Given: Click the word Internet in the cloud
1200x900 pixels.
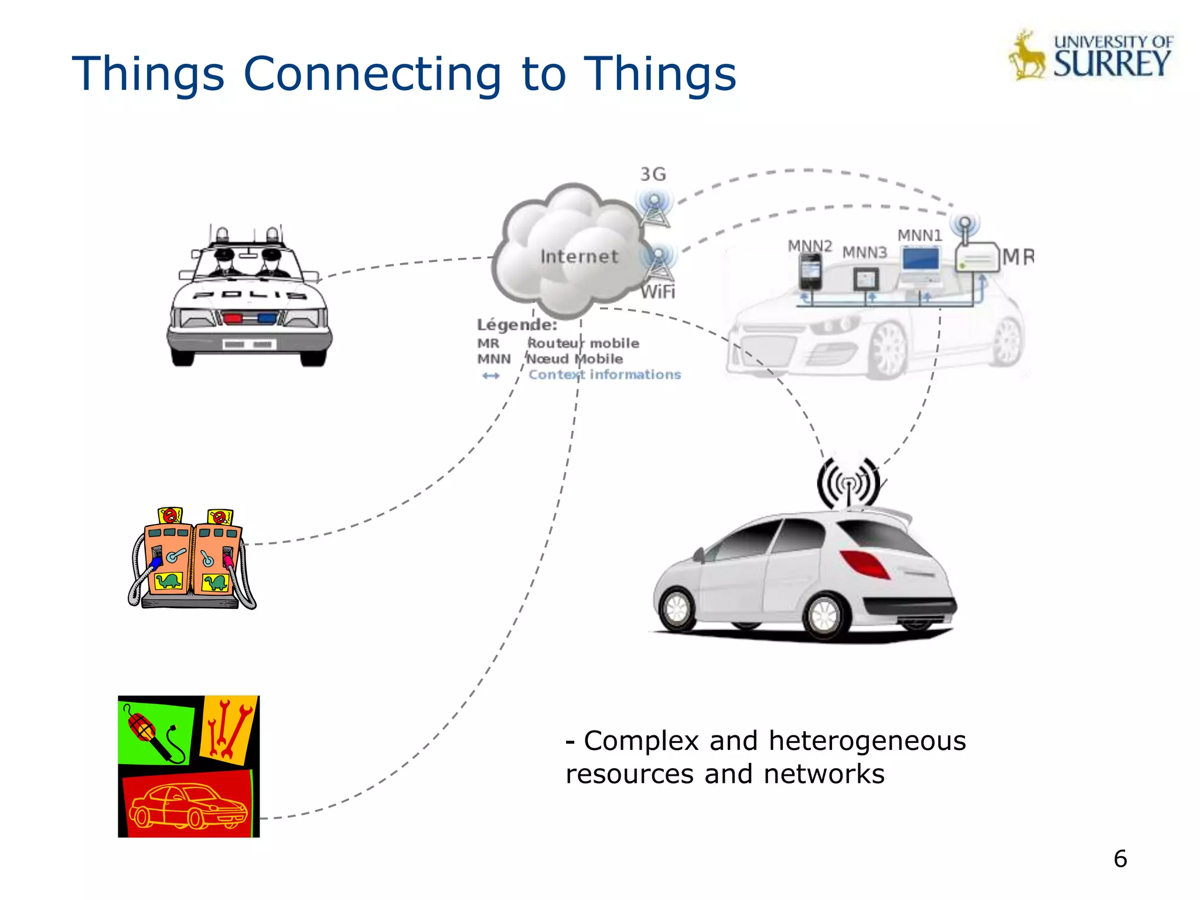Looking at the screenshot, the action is (579, 257).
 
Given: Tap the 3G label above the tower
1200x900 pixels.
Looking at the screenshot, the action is (653, 174).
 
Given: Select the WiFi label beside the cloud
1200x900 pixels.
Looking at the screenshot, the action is (658, 291).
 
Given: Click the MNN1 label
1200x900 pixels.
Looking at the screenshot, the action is (919, 236).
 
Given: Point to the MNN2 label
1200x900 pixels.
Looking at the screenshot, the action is (809, 246).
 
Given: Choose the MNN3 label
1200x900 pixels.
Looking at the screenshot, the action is (864, 253).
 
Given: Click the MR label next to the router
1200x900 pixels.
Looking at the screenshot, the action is (1018, 257).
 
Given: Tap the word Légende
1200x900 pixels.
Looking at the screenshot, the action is (517, 325).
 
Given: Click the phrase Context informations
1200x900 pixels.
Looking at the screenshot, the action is (604, 374).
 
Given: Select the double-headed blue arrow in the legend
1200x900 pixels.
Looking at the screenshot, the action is (491, 376).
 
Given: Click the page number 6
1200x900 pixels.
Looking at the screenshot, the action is (1120, 859).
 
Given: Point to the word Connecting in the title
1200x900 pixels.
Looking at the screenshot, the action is (372, 74).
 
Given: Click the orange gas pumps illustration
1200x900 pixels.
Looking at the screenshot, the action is (192, 560).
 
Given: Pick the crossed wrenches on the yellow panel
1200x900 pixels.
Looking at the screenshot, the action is (229, 729).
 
